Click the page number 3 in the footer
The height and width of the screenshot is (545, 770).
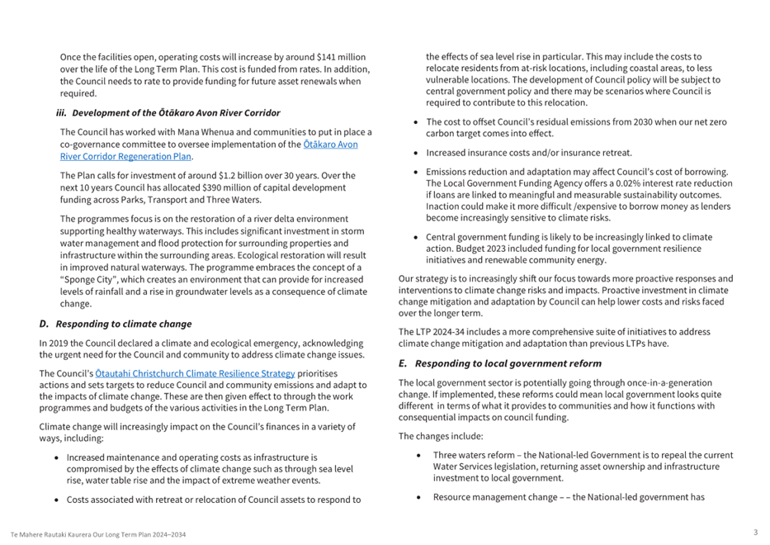point(755,533)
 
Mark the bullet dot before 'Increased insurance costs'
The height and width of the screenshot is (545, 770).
point(417,153)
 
